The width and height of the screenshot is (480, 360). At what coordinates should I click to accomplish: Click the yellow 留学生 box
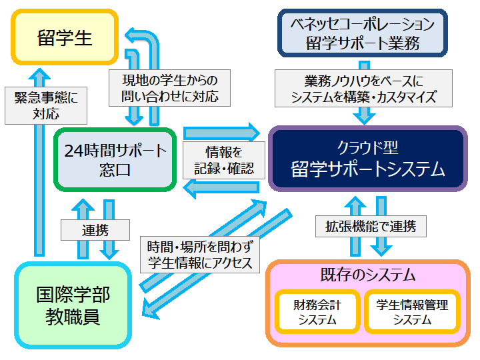[x=65, y=37]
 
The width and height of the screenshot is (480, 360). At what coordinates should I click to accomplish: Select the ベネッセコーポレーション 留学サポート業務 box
[x=361, y=33]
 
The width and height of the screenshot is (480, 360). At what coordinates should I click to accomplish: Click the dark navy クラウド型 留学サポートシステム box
[x=367, y=159]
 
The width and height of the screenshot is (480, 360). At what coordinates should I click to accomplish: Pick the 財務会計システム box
[x=317, y=312]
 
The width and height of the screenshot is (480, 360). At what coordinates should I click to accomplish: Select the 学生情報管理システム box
[x=412, y=312]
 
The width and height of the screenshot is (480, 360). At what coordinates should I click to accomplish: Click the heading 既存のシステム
[x=367, y=274]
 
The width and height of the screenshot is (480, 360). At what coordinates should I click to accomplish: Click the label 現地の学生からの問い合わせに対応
[x=170, y=87]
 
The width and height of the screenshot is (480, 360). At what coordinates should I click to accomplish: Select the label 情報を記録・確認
[x=223, y=160]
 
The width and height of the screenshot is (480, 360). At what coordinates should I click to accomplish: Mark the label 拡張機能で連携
[x=370, y=227]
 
